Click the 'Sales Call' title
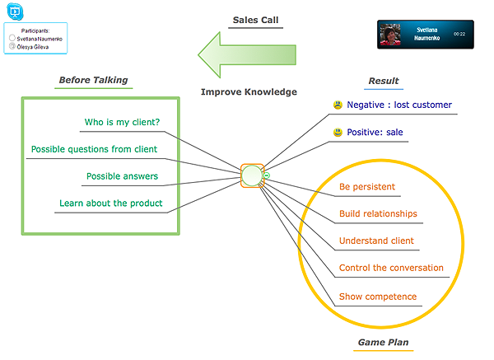point(255,20)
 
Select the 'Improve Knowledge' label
point(249,92)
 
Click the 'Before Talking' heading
point(93,80)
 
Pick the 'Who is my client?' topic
point(122,123)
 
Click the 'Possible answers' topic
point(122,176)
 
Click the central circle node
point(252,176)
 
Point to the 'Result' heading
point(383,81)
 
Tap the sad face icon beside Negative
point(338,105)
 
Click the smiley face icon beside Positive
point(338,133)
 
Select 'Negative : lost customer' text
point(398,105)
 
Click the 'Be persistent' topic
point(366,187)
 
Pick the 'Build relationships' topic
point(378,214)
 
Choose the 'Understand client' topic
point(376,241)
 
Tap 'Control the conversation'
point(391,268)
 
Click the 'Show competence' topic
point(378,297)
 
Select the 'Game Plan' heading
point(383,342)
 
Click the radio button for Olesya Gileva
point(12,47)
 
